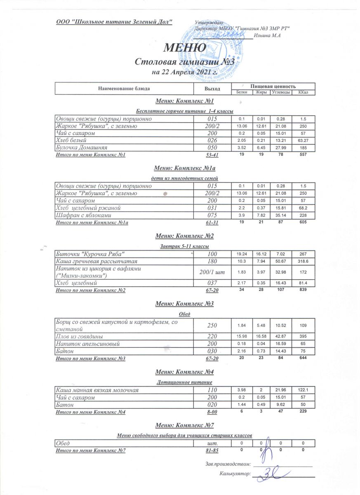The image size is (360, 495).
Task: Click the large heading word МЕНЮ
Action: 185,48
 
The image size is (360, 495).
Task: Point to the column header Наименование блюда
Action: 124,88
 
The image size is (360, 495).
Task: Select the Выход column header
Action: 212,88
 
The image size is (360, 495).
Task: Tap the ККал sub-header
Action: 303,92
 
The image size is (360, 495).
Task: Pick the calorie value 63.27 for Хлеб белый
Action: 303,141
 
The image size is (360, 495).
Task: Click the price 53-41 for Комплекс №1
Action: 212,155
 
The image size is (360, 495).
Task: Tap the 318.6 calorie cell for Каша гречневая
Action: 303,261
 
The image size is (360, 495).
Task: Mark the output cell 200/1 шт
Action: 212,272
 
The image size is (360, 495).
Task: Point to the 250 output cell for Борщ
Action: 212,326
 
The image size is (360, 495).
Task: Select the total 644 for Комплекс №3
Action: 303,358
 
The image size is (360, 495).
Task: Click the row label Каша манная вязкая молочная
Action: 97,390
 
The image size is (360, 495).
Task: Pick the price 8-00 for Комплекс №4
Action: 212,412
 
